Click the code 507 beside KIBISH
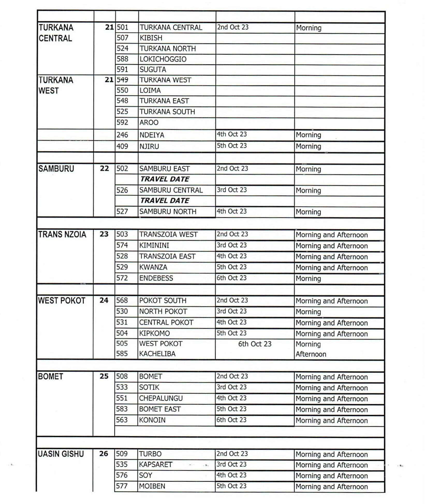[x=122, y=38]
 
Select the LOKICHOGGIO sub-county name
[x=163, y=59]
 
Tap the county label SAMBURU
[x=56, y=169]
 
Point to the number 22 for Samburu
[x=104, y=168]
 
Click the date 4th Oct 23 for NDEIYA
[x=232, y=134]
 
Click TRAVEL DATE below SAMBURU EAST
[x=165, y=179]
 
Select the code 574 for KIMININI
[x=122, y=245]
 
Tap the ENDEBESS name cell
[x=156, y=278]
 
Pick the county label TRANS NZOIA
[x=62, y=234]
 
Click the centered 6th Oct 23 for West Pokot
[x=255, y=344]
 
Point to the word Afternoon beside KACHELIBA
[x=311, y=354]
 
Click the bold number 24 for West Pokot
[x=104, y=300]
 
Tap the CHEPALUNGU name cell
[x=161, y=398]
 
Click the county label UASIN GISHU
[x=61, y=454]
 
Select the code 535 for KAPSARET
[x=122, y=464]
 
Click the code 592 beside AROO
[x=122, y=122]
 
